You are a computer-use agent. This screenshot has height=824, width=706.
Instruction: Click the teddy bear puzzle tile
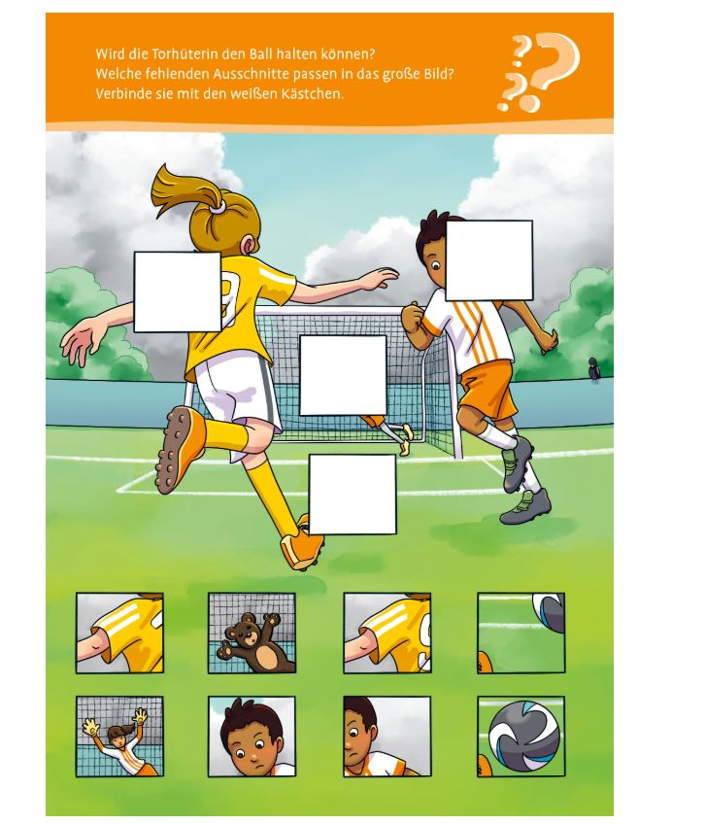pyautogui.click(x=252, y=633)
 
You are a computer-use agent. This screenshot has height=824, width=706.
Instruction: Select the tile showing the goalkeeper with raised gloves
pyautogui.click(x=119, y=737)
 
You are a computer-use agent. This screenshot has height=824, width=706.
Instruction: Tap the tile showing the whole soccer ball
pyautogui.click(x=521, y=737)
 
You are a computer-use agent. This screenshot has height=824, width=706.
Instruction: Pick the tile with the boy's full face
pyautogui.click(x=252, y=737)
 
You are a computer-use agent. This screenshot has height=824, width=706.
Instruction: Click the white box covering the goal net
pyautogui.click(x=343, y=375)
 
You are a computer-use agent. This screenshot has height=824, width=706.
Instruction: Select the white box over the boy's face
pyautogui.click(x=489, y=260)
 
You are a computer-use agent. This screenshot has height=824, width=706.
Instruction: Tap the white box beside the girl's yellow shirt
pyautogui.click(x=177, y=292)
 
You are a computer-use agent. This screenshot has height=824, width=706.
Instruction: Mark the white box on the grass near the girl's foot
pyautogui.click(x=353, y=495)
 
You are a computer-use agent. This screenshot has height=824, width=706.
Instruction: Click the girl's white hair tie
pyautogui.click(x=217, y=207)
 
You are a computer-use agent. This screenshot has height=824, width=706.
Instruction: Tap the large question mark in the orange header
pyautogui.click(x=555, y=66)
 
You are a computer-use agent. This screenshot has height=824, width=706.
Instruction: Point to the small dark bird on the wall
pyautogui.click(x=593, y=368)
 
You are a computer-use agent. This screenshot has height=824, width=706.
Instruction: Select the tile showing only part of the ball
pyautogui.click(x=521, y=633)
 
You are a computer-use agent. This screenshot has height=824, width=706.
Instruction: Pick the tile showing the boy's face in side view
pyautogui.click(x=387, y=737)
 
